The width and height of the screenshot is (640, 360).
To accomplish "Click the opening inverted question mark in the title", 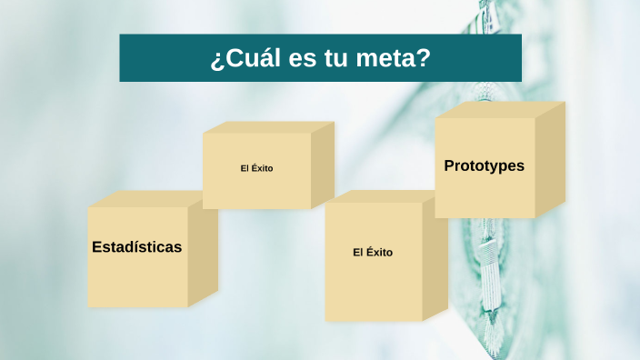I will [215, 61].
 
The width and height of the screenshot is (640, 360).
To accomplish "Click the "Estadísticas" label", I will [137, 246].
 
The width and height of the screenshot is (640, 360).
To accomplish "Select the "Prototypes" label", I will [484, 166].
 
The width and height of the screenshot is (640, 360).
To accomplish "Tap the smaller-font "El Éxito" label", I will [256, 168].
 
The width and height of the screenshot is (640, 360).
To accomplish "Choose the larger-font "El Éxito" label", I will [373, 252].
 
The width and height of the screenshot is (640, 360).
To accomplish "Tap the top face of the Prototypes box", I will [500, 110].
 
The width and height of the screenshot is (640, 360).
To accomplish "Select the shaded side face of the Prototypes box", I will [549, 159].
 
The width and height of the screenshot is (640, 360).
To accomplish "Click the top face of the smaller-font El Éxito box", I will [268, 127].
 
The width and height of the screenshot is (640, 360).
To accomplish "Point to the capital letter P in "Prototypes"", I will [449, 166].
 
